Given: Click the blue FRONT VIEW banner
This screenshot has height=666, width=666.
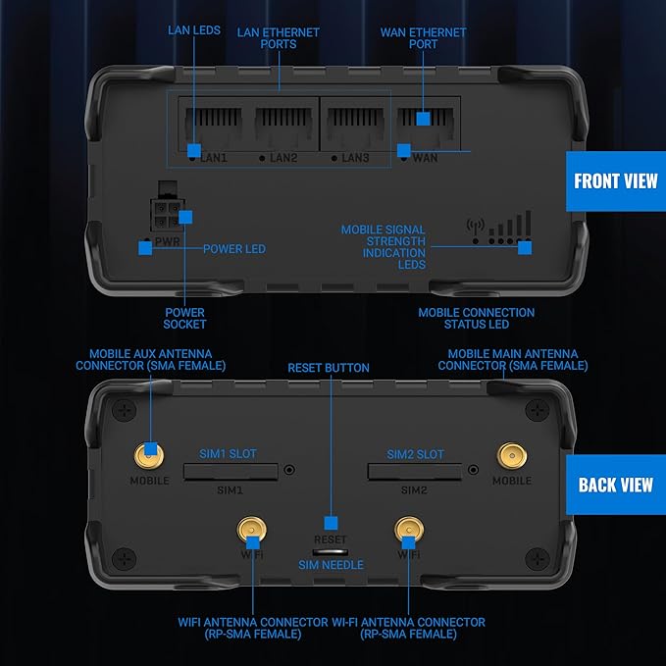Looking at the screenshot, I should coord(616,181).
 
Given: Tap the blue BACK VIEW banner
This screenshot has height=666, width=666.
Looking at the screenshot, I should coord(615,485).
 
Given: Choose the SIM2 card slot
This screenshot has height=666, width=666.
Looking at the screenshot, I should coord(414,472).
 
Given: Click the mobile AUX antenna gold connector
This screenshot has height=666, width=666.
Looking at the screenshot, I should coord(149,454).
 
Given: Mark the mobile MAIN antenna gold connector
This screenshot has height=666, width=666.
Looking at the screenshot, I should coord(511,454).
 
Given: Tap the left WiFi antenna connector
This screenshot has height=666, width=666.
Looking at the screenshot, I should coord(251,531).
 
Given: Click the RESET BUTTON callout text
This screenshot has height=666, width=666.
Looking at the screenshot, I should coord(329,368).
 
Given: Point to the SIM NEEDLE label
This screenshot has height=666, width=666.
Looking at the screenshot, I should coord(331,565).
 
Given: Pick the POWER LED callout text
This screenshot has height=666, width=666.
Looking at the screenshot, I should coord(234,249).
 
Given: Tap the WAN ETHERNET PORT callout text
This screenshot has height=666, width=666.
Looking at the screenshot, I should coord(423,38).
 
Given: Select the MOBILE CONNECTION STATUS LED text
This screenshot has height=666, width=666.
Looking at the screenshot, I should coord(476,319).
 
